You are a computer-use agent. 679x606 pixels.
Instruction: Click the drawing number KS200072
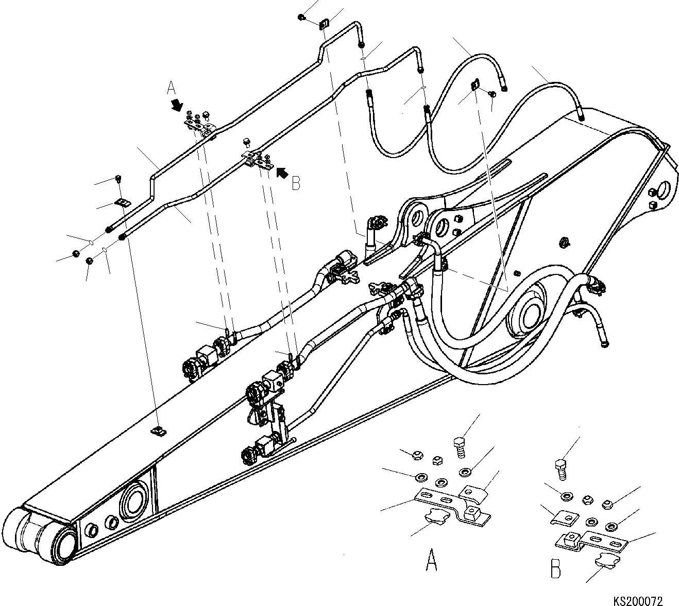point(638,601)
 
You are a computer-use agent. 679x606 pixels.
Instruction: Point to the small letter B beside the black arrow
point(296,183)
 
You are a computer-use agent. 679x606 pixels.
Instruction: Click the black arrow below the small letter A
point(177,105)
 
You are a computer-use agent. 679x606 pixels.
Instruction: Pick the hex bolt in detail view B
point(561,468)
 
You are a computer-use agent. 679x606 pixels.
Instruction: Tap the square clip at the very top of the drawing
point(324,24)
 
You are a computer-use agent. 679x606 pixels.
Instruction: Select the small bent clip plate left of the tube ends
point(122,202)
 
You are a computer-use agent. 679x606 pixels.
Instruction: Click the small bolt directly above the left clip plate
point(118,179)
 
